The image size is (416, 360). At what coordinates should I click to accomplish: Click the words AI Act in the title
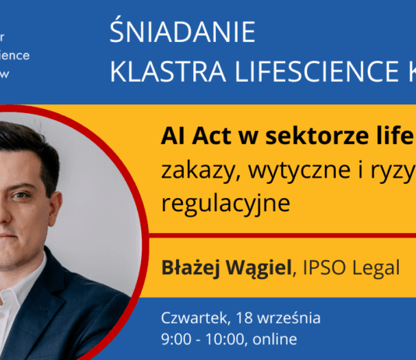pyautogui.click(x=190, y=138)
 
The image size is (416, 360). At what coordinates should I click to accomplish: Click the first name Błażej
pyautogui.click(x=188, y=268)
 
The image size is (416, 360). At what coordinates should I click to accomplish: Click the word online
pyautogui.click(x=273, y=339)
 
